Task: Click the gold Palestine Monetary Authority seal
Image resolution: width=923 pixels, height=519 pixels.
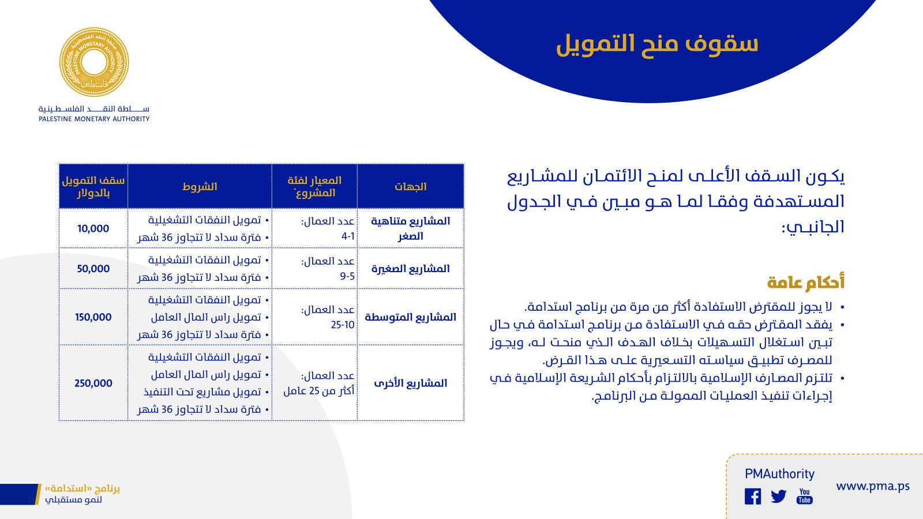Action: click(x=94, y=62)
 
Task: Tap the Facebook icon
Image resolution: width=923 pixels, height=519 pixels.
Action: click(x=753, y=497)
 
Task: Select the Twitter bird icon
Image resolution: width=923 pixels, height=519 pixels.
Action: click(x=778, y=497)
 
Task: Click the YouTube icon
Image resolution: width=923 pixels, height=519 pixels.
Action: click(x=804, y=497)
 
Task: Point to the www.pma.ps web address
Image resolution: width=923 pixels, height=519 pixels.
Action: click(x=873, y=487)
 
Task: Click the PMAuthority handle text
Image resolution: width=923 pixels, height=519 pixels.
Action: click(x=779, y=473)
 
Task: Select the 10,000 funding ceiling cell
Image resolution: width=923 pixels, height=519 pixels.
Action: click(x=93, y=228)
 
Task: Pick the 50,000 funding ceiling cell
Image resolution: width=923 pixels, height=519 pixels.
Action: click(x=93, y=269)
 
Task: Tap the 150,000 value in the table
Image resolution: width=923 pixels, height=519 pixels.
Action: click(x=93, y=317)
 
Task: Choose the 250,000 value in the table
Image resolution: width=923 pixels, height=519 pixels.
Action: click(x=93, y=383)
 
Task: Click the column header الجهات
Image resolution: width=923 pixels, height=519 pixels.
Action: click(x=410, y=187)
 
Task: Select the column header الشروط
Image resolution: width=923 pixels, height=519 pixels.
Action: click(x=200, y=187)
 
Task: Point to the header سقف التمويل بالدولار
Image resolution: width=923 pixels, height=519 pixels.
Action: click(x=93, y=187)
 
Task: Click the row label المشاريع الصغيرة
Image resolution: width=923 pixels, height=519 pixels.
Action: click(x=410, y=269)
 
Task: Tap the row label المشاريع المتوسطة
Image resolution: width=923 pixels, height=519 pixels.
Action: click(x=410, y=317)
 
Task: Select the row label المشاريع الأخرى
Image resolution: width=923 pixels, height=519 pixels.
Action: click(x=410, y=383)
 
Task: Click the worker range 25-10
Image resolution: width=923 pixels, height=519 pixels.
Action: click(x=343, y=325)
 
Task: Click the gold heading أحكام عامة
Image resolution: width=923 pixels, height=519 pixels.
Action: click(x=805, y=283)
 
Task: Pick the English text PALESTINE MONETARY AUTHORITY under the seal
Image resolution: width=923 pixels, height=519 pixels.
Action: click(x=94, y=119)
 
